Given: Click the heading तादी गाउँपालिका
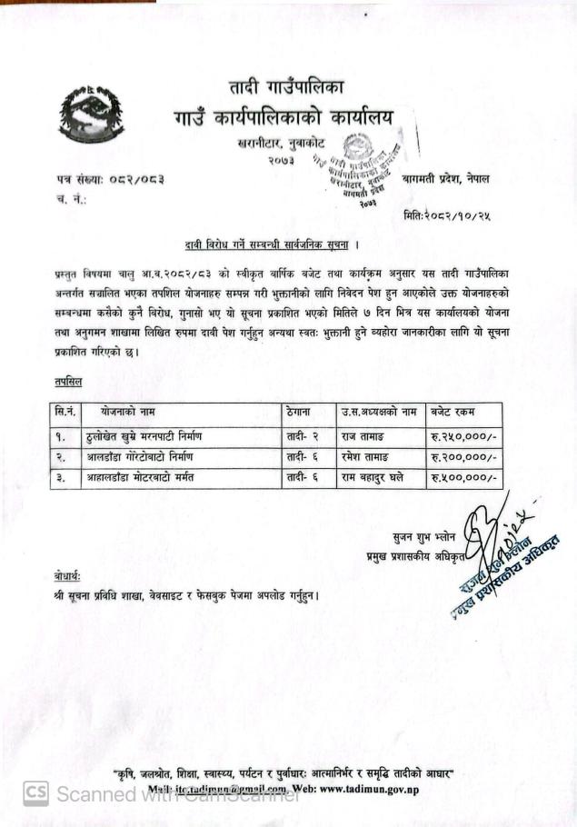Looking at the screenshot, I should click(x=286, y=89).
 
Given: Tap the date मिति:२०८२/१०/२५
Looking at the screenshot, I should click(x=445, y=214).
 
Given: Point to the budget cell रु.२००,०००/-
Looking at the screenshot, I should click(x=463, y=456).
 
